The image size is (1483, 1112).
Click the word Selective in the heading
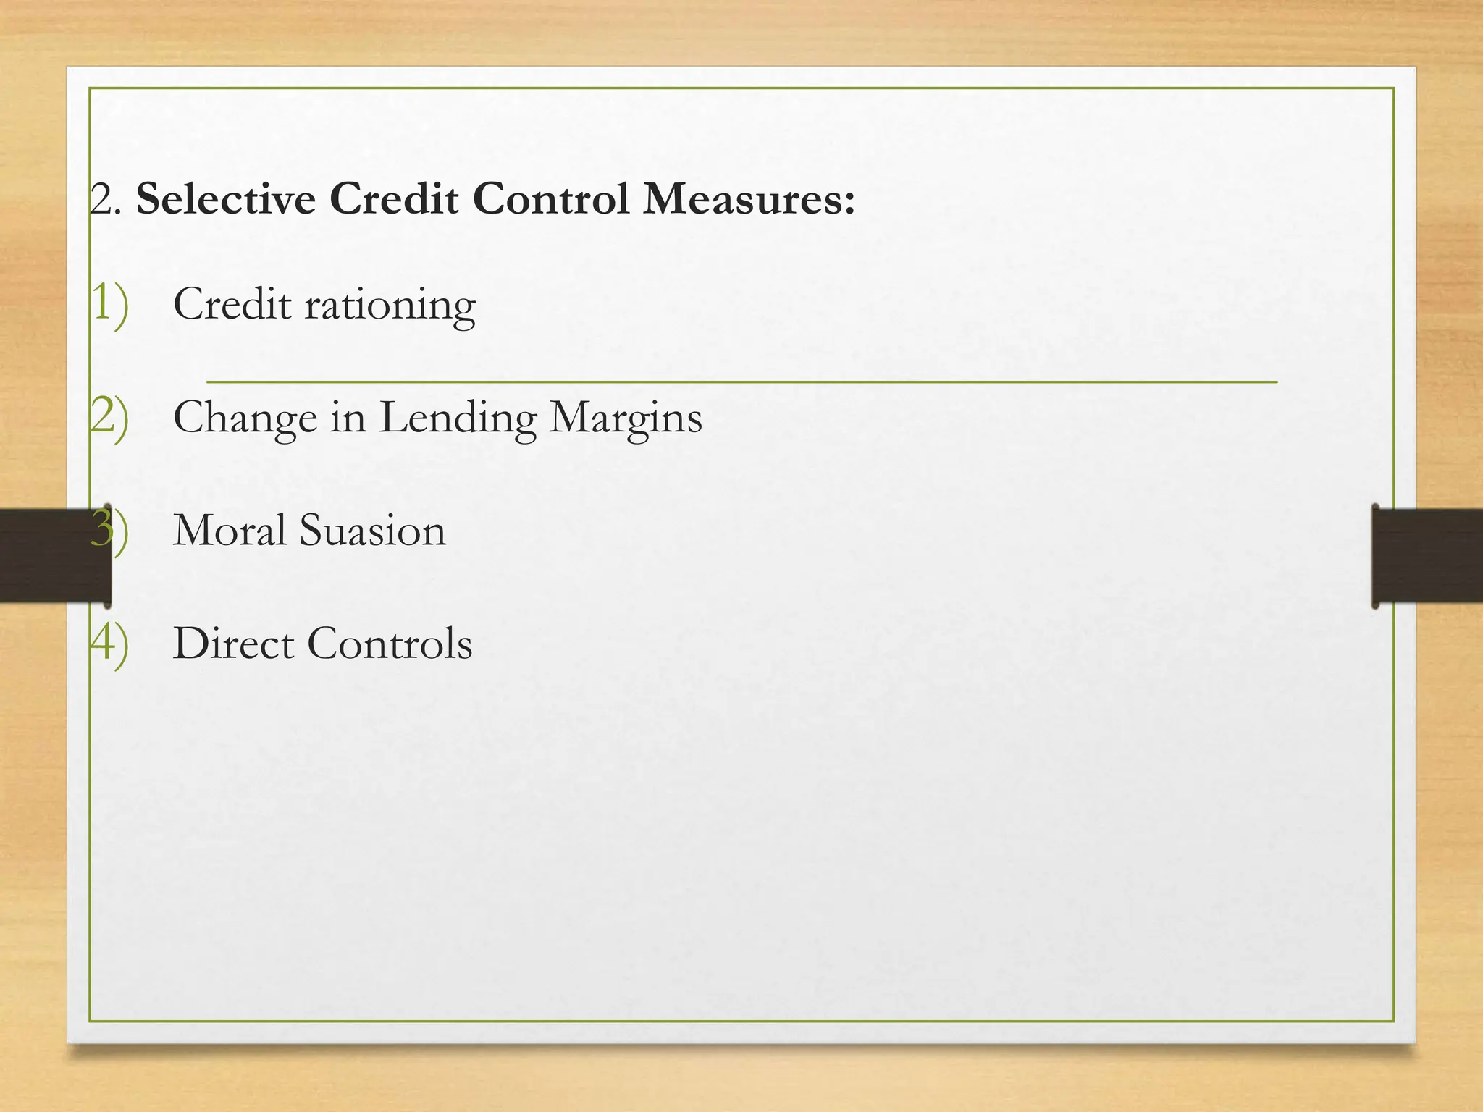pyautogui.click(x=226, y=198)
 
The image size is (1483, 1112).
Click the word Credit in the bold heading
pyautogui.click(x=393, y=198)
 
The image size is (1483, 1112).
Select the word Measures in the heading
pyautogui.click(x=749, y=198)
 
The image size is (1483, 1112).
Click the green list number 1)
pyautogui.click(x=110, y=303)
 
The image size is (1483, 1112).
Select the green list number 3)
pyautogui.click(x=110, y=530)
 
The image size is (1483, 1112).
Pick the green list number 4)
pyautogui.click(x=110, y=643)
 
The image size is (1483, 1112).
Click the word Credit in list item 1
pyautogui.click(x=232, y=303)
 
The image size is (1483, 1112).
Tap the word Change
pyautogui.click(x=245, y=418)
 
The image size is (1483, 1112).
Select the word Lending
pyautogui.click(x=458, y=418)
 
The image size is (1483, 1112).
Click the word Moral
pyautogui.click(x=230, y=530)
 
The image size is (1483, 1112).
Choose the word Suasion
pyautogui.click(x=372, y=530)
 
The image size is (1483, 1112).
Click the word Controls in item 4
pyautogui.click(x=390, y=643)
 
